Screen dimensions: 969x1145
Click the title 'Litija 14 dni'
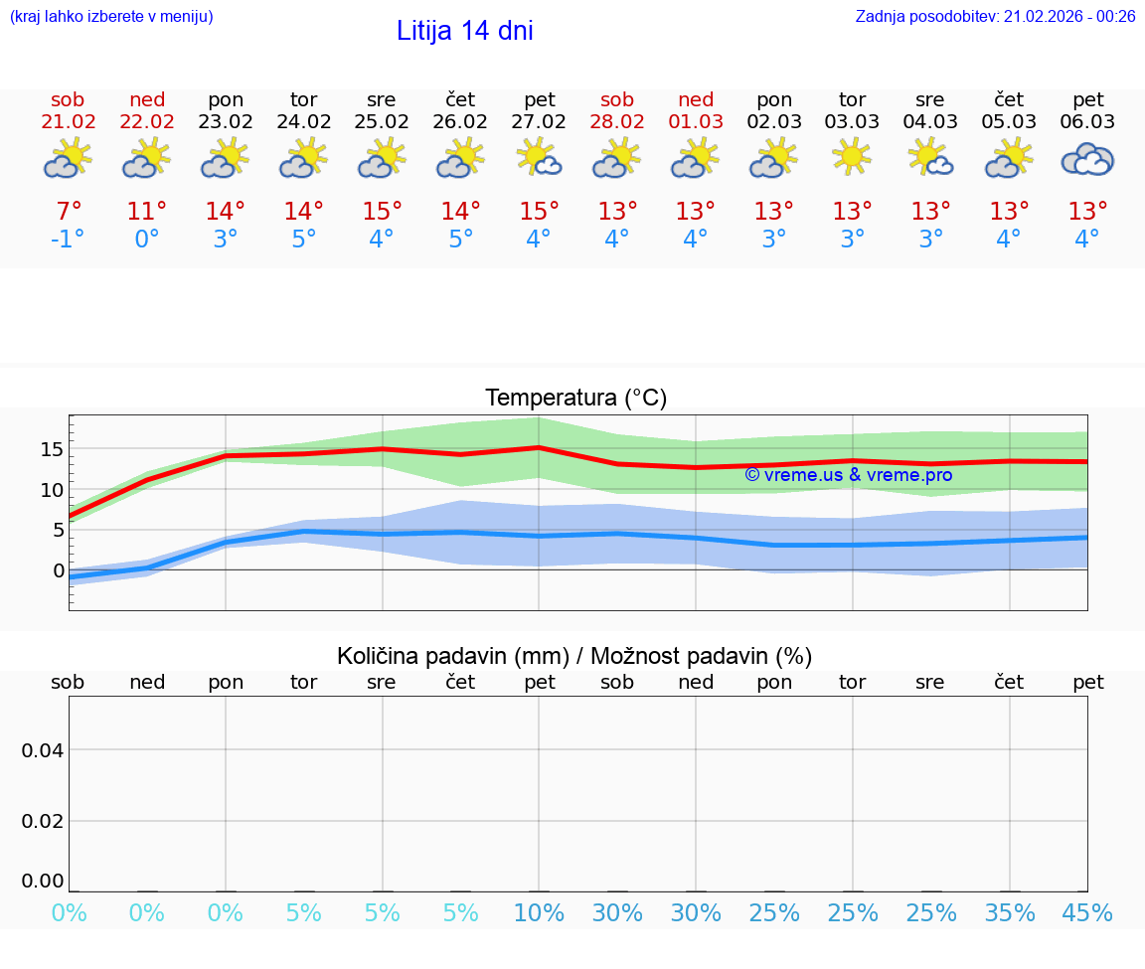click(464, 31)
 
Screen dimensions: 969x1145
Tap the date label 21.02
click(69, 122)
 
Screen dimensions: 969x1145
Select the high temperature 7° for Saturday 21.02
click(69, 211)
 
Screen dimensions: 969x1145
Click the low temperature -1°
click(69, 240)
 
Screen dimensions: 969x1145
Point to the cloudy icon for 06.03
click(1087, 159)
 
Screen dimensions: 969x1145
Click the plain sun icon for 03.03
click(852, 158)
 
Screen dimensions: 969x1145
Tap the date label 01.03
click(696, 122)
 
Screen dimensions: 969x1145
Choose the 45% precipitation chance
click(1087, 913)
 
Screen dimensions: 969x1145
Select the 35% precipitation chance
click(1010, 913)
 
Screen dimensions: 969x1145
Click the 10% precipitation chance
click(539, 913)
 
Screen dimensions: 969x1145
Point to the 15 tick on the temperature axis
click(52, 449)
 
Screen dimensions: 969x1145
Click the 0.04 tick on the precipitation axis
click(43, 750)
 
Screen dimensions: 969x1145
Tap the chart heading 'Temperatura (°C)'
click(575, 399)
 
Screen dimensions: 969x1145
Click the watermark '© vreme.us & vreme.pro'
click(848, 475)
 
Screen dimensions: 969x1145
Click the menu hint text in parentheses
click(111, 17)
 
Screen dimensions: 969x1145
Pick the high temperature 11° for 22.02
click(147, 211)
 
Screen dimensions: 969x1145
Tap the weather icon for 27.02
click(539, 158)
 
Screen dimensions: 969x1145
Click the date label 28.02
click(617, 122)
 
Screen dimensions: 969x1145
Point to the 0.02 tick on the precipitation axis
click(43, 821)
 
